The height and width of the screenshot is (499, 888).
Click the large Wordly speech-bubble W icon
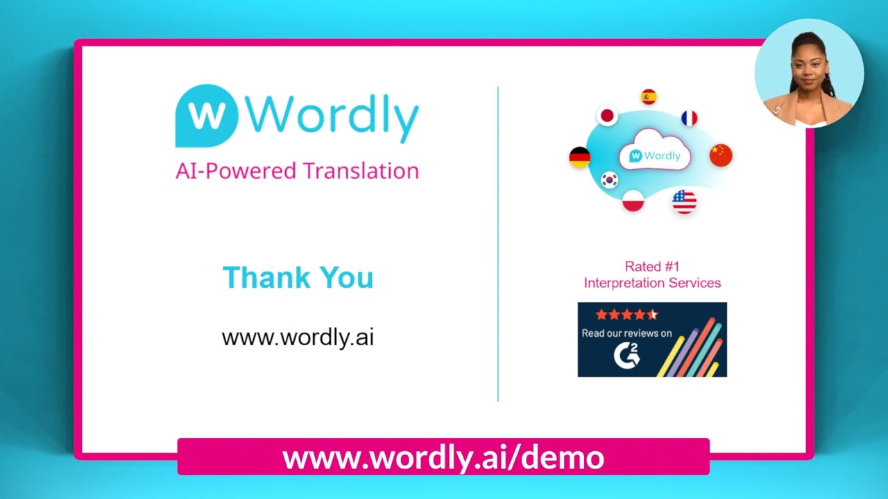[x=206, y=115]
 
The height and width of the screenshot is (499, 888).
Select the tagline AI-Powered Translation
[x=297, y=170]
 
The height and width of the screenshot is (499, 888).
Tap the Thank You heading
[x=298, y=277]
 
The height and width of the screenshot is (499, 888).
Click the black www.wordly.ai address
[x=298, y=338]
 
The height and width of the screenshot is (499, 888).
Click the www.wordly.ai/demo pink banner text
[x=443, y=457]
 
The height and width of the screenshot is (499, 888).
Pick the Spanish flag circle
[x=649, y=97]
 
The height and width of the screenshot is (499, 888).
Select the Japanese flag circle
[x=608, y=116]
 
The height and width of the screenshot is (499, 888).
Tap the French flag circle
[x=689, y=119]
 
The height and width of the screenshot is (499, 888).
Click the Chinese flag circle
[x=721, y=155]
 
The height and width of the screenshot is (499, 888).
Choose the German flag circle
[x=579, y=157]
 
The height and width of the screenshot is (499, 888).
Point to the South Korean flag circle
[x=610, y=180]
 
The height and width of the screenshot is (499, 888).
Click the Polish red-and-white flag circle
[x=633, y=200]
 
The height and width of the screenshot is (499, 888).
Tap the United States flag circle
[x=684, y=202]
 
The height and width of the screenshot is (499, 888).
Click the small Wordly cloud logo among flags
[x=655, y=156]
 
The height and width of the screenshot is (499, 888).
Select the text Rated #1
[x=652, y=266]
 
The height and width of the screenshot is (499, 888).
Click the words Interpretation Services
[x=652, y=283]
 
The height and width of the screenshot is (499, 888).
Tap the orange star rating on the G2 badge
[x=626, y=315]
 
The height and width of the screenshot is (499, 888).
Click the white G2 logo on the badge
[x=626, y=356]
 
